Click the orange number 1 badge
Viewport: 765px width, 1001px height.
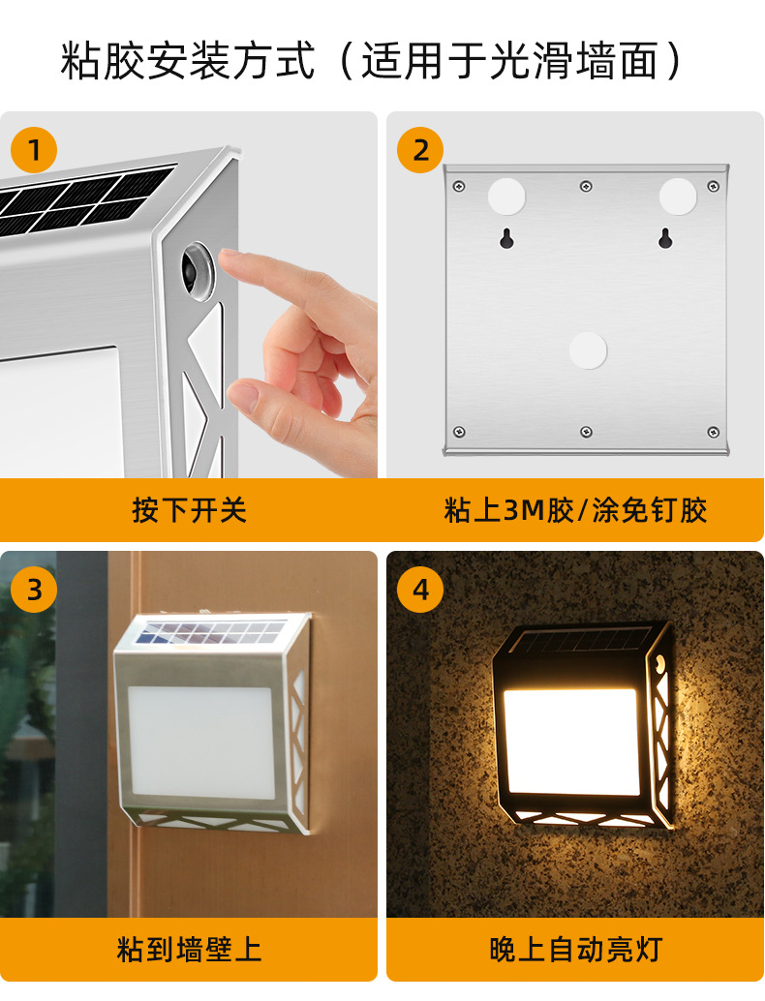pyautogui.click(x=34, y=150)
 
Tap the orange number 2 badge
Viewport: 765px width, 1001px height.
pyautogui.click(x=420, y=150)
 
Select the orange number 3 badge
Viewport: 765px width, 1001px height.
pyautogui.click(x=34, y=590)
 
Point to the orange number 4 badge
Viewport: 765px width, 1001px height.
pyautogui.click(x=420, y=590)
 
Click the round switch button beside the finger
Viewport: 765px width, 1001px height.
pyautogui.click(x=198, y=270)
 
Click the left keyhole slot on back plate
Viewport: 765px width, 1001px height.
pyautogui.click(x=506, y=238)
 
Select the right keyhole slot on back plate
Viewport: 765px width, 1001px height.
pyautogui.click(x=664, y=238)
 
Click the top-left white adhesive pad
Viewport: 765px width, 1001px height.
pyautogui.click(x=506, y=197)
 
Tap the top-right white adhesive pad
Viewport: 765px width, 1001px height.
pyautogui.click(x=678, y=197)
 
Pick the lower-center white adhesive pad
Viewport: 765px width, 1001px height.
pyautogui.click(x=588, y=349)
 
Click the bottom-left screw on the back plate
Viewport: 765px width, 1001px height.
pyautogui.click(x=458, y=432)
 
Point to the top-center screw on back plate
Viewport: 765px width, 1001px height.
pyautogui.click(x=586, y=186)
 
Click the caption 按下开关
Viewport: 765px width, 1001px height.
pyautogui.click(x=189, y=510)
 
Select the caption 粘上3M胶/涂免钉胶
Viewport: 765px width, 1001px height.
pyautogui.click(x=575, y=510)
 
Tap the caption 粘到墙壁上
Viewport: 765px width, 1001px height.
pyautogui.click(x=189, y=950)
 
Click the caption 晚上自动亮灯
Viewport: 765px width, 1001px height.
pyautogui.click(x=575, y=950)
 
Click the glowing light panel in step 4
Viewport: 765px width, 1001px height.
pyautogui.click(x=571, y=742)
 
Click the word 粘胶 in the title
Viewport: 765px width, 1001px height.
pyautogui.click(x=103, y=61)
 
